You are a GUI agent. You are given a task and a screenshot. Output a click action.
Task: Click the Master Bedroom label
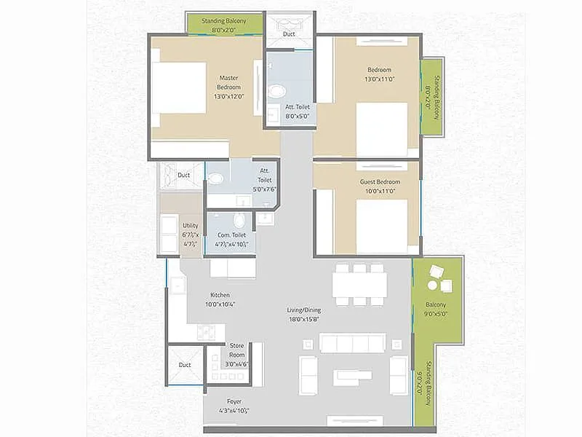point(228,86)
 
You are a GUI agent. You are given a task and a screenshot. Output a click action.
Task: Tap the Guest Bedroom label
point(380,186)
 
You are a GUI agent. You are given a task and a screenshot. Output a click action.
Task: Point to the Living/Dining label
point(303,314)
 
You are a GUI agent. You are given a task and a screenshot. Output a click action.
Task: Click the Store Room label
point(236,350)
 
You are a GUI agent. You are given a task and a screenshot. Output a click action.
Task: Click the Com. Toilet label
point(231,240)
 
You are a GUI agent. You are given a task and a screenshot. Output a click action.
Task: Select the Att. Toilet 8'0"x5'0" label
point(297,111)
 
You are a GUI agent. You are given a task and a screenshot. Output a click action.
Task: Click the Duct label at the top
point(290,33)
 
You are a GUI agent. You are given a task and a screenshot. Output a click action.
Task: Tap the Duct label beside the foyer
point(184,365)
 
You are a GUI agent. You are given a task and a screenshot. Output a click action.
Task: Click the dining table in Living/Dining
point(359,285)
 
